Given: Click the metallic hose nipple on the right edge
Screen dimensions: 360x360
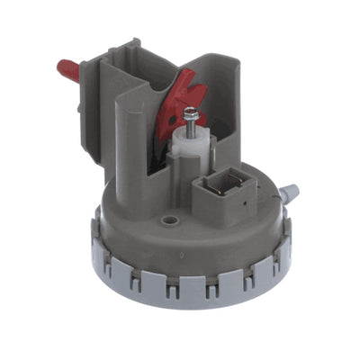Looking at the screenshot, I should click(289, 192).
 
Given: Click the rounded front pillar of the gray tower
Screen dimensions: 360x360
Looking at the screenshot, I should click(132, 153).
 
